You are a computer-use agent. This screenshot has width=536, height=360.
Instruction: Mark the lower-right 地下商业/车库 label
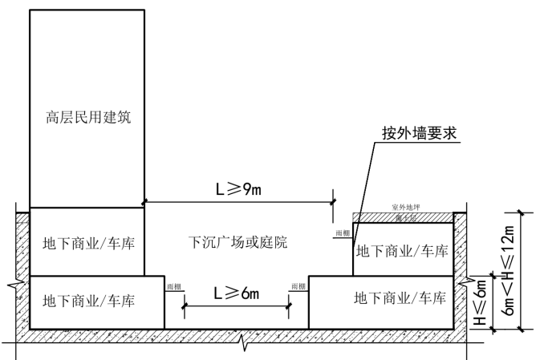coord(400,298)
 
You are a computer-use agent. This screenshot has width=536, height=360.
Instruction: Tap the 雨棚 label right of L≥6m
coord(298,286)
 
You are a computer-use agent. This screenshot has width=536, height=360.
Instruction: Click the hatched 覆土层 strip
coord(403,216)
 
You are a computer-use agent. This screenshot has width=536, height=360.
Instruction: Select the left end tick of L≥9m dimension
coord(145,201)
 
